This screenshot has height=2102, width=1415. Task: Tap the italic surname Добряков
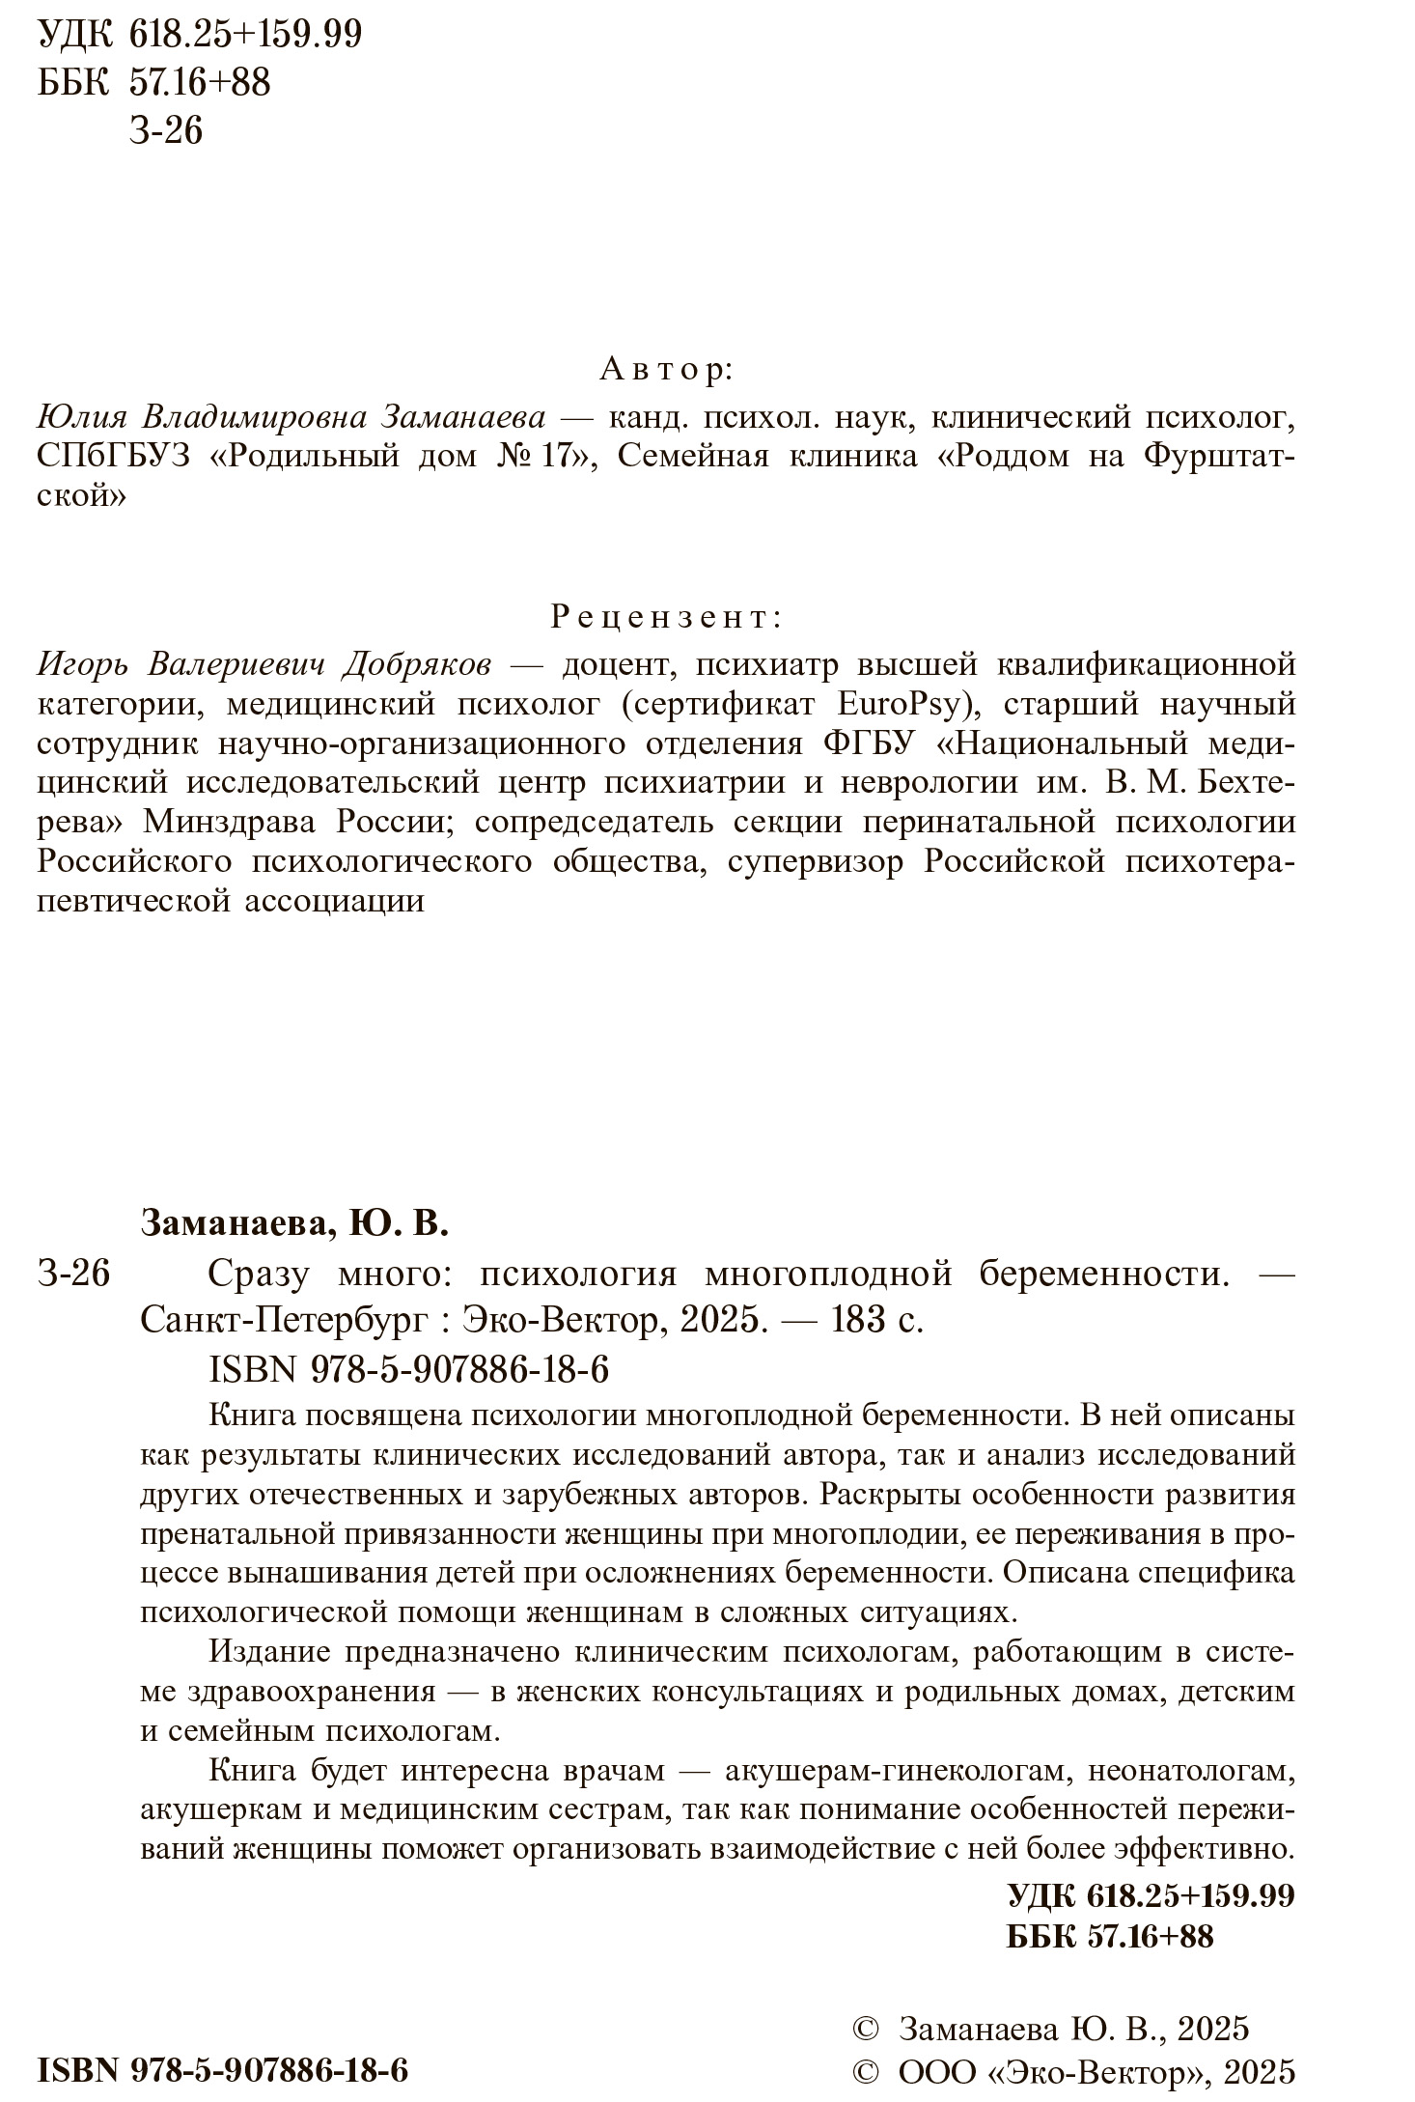click(418, 665)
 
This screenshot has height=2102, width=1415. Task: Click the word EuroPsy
click(908, 704)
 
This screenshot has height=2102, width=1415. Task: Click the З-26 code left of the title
click(74, 1275)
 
